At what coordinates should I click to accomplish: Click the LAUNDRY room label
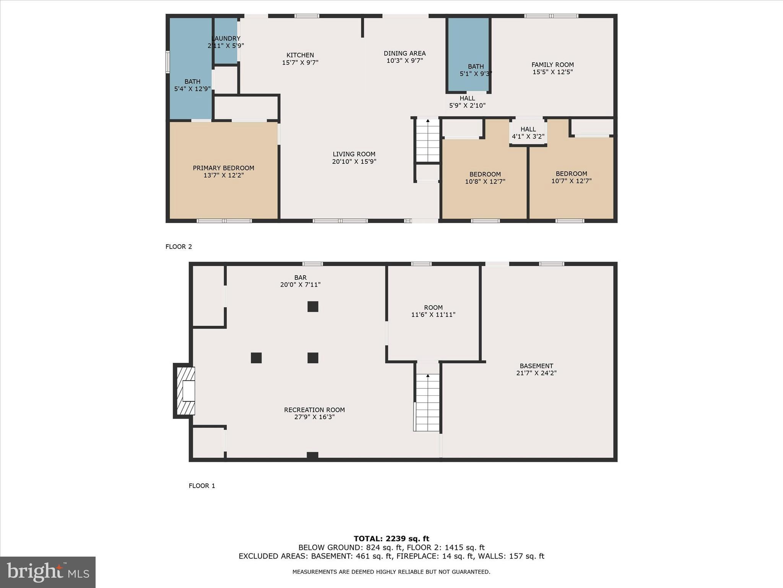pos(226,39)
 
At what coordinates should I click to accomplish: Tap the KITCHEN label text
pos(300,55)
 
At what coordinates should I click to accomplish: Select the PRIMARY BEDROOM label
pos(223,168)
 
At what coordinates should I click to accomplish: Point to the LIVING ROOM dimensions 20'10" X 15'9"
pos(354,162)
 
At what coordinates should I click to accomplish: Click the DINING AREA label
pos(404,54)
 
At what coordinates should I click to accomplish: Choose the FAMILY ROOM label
pos(552,65)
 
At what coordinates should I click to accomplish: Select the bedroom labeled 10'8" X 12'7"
pos(485,178)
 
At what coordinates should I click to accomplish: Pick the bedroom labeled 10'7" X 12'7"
pos(571,177)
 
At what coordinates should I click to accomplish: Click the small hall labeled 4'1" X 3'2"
pos(528,133)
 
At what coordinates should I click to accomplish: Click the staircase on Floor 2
pos(427,140)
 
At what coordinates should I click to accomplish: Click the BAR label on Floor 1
pos(300,278)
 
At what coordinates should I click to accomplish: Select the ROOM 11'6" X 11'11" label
pos(433,311)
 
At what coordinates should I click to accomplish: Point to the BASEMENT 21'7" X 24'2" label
pos(536,369)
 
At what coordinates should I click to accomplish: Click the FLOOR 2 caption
pos(179,247)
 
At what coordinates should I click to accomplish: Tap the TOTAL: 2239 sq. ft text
pos(391,539)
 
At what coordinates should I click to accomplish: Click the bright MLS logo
pos(48,572)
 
